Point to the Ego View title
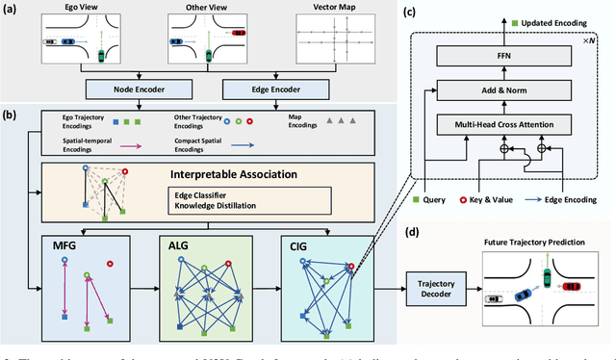click(71, 8)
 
